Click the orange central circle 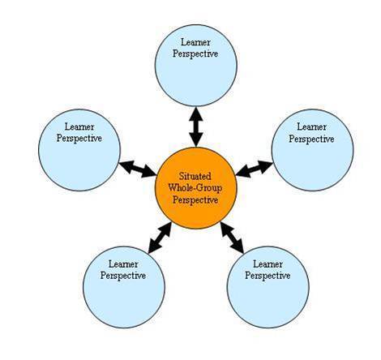point(196,188)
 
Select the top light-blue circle point(196,65)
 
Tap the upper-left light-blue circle point(79,150)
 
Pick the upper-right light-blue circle point(313,150)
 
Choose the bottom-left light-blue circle point(124,287)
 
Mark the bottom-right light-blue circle point(268,287)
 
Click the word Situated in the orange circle point(195,176)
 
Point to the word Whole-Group point(195,188)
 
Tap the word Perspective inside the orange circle point(195,200)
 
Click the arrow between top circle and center point(196,126)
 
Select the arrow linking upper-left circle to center point(138,169)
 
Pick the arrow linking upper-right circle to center point(255,169)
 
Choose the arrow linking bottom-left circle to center point(160,238)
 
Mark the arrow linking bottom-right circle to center point(232,238)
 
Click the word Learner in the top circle point(195,42)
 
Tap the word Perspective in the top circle point(195,54)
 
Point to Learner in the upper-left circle point(79,126)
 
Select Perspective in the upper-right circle point(311,139)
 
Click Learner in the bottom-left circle point(123,264)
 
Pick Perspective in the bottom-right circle point(268,276)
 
